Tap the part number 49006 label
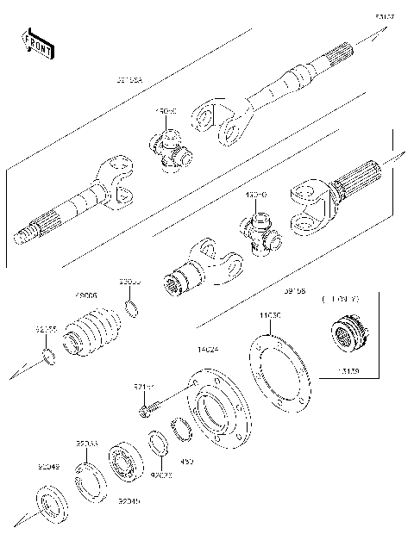(x=87, y=295)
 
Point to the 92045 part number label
(x=129, y=500)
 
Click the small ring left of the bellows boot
(x=51, y=357)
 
